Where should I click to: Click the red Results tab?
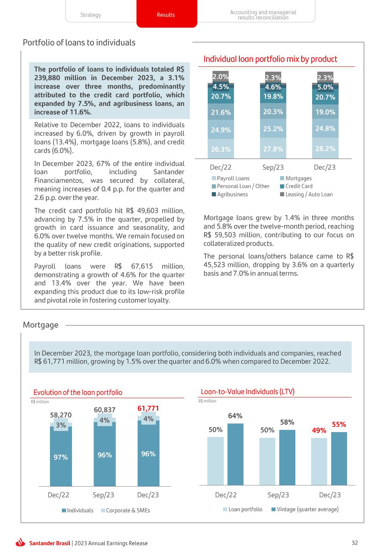point(166,15)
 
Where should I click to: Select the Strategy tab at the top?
point(91,15)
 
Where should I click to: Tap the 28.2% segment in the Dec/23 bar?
point(325,149)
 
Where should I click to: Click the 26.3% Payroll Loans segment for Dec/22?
point(221,149)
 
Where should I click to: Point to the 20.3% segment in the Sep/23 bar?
point(273,112)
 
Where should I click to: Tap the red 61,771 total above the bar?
point(148,408)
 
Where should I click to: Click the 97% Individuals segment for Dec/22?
point(61,457)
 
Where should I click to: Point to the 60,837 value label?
point(105,410)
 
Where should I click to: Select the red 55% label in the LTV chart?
point(339,424)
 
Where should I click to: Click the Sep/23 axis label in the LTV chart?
point(278,495)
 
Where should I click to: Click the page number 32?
point(355,543)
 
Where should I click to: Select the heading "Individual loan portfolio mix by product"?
point(270,59)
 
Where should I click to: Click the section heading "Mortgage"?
point(41,325)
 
